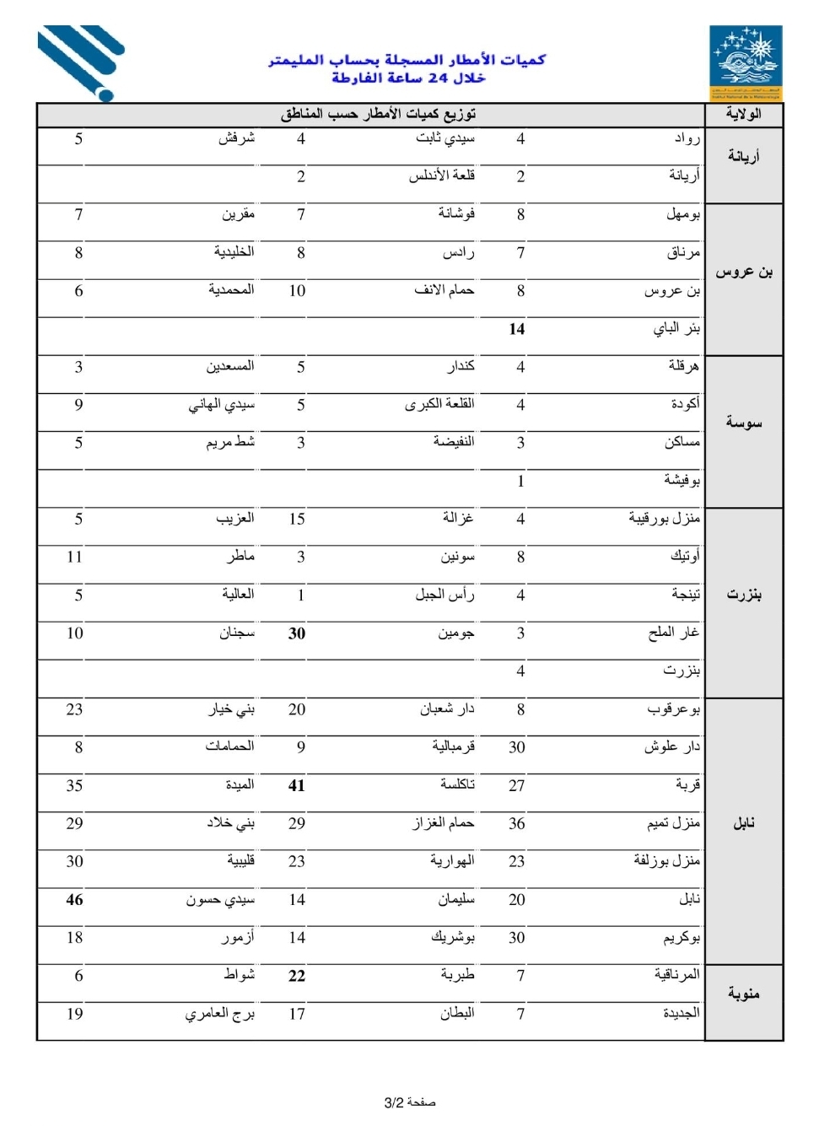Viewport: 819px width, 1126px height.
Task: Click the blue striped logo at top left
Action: point(81,62)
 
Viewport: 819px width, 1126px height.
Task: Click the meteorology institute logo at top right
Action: point(746,62)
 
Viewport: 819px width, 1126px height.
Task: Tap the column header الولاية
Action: point(743,114)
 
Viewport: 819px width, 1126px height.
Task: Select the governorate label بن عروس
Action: point(743,272)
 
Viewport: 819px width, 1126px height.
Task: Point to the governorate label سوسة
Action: point(743,423)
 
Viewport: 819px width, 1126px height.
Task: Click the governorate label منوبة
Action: point(743,994)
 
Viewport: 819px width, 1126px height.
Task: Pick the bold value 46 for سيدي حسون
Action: point(74,900)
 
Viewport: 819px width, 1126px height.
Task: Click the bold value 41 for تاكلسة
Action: point(296,786)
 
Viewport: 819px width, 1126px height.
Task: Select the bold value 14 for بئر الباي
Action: point(516,329)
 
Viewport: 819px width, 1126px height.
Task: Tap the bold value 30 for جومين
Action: point(296,633)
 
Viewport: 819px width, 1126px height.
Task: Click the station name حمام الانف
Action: point(444,290)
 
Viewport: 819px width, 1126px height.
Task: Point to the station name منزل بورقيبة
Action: point(664,518)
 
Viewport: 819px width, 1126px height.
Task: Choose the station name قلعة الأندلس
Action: point(441,175)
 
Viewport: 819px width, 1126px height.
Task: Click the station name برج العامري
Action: point(219,1014)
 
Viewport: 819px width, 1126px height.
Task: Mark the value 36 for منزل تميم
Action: point(516,824)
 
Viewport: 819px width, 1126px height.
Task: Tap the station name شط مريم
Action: point(229,442)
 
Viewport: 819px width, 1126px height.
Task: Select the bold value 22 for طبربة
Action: point(296,976)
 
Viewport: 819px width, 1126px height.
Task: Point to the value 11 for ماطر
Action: point(74,557)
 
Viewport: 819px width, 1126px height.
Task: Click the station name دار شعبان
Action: point(447,709)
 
